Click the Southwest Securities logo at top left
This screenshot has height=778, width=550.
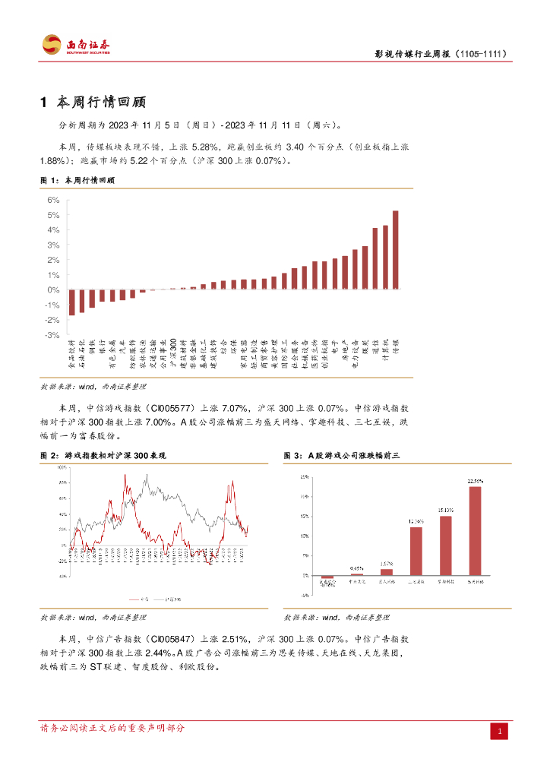tap(75, 45)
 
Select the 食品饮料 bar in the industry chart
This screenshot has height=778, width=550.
tap(71, 302)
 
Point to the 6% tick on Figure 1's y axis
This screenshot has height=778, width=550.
tap(53, 200)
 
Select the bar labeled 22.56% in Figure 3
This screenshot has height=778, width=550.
tap(475, 530)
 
